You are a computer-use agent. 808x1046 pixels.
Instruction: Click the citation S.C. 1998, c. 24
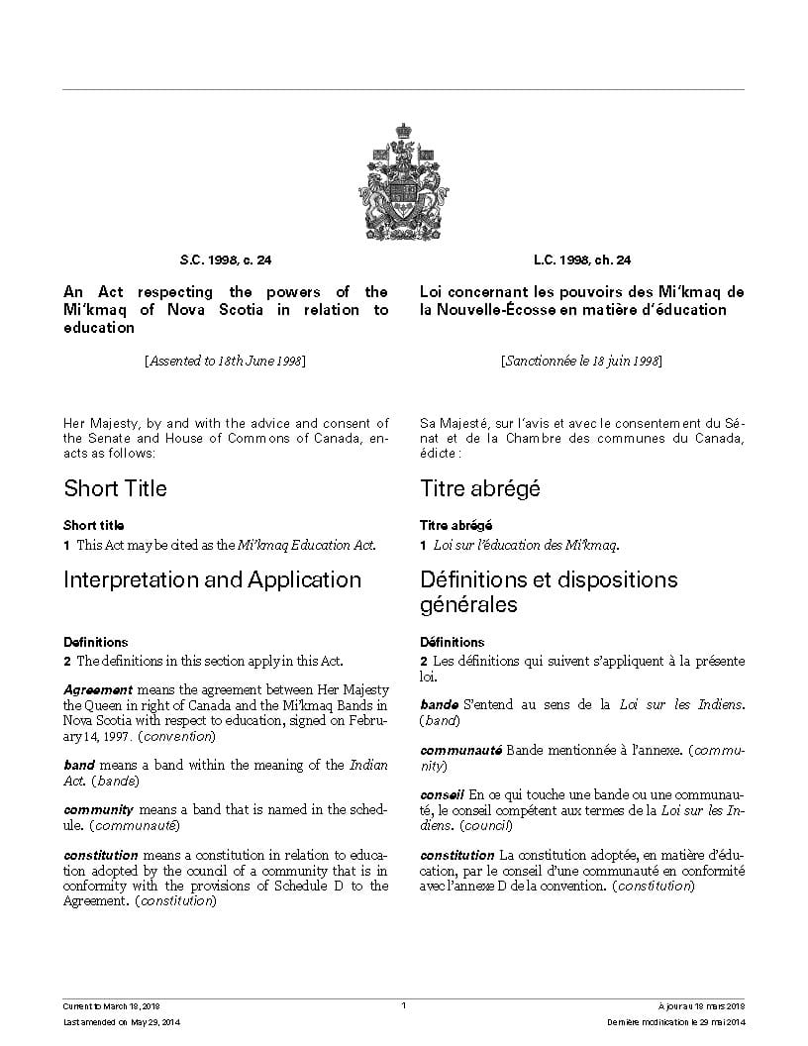tap(226, 261)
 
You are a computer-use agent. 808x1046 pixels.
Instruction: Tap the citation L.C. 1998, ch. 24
tap(582, 261)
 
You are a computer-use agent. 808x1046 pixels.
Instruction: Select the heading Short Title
tap(115, 488)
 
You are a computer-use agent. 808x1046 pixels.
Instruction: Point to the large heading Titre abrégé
tap(479, 488)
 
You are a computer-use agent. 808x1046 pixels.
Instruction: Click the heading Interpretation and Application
tap(212, 579)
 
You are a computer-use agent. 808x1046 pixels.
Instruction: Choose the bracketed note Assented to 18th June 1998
tap(226, 362)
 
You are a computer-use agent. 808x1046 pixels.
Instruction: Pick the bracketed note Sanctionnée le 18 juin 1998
tap(582, 362)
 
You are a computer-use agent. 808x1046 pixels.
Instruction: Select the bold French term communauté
tap(460, 751)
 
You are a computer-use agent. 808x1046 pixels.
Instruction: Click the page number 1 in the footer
tap(404, 1005)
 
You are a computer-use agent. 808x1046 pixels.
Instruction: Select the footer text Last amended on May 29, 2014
tap(115, 1021)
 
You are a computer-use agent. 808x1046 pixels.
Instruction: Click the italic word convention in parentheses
tap(177, 736)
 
